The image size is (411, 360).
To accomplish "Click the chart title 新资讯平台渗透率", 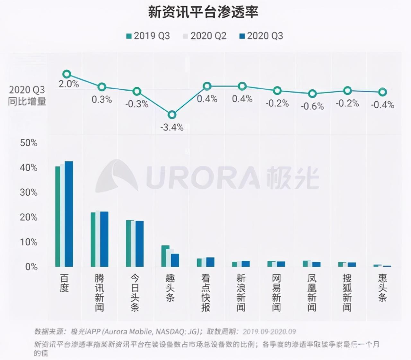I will pos(203,13).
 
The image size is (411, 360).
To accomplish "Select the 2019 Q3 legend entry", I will pos(148,36).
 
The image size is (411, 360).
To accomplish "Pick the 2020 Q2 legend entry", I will pos(205,36).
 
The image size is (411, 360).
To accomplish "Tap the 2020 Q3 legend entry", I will pos(261,36).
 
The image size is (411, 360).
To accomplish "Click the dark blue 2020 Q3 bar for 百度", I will pos(69,214).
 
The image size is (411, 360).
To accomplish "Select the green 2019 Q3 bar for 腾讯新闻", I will pos(93,239).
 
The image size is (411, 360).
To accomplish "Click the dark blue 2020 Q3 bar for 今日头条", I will pos(139,244).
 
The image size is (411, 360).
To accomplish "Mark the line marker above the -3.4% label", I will pos(172,115).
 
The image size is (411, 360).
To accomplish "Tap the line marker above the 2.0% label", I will pos(66,74).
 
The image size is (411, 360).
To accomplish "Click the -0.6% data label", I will pos(312,106).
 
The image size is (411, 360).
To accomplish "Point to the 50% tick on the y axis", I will pos(29,143).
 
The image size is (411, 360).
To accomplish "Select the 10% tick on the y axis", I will pos(29,242).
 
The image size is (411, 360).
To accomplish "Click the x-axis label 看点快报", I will pos(205,292).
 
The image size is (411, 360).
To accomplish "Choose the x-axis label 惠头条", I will pos(382,288).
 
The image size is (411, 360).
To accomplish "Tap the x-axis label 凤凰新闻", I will pos(312,292).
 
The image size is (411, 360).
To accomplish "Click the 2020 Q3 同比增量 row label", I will pos(27,95).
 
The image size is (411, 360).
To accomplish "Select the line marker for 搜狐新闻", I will pos(347,91).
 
